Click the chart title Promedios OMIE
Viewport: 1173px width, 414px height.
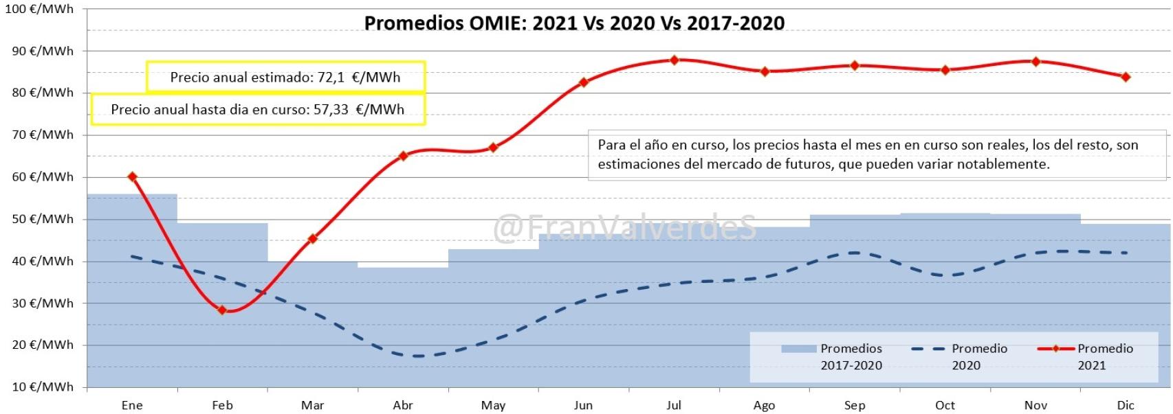pyautogui.click(x=574, y=23)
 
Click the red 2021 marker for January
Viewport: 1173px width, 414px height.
pyautogui.click(x=132, y=177)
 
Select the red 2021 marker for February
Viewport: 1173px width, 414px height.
pyautogui.click(x=222, y=310)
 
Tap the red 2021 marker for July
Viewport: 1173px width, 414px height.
pyautogui.click(x=674, y=60)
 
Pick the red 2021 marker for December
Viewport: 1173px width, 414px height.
pyautogui.click(x=1126, y=77)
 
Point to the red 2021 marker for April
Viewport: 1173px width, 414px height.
pyautogui.click(x=403, y=156)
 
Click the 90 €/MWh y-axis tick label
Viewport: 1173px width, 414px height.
pyautogui.click(x=43, y=51)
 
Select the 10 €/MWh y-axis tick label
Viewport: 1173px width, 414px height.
pyautogui.click(x=43, y=387)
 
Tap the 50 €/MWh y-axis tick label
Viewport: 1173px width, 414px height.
pyautogui.click(x=43, y=219)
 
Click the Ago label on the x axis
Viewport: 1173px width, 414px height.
pyautogui.click(x=764, y=405)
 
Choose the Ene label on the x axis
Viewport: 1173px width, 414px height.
pyautogui.click(x=132, y=405)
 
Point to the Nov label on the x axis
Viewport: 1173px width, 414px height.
pyautogui.click(x=1035, y=405)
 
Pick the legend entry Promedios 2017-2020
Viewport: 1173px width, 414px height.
pyautogui.click(x=851, y=356)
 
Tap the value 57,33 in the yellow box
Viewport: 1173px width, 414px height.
pyautogui.click(x=331, y=110)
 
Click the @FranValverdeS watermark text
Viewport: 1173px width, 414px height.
pyautogui.click(x=624, y=227)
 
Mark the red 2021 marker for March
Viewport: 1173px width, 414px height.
pyautogui.click(x=313, y=239)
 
